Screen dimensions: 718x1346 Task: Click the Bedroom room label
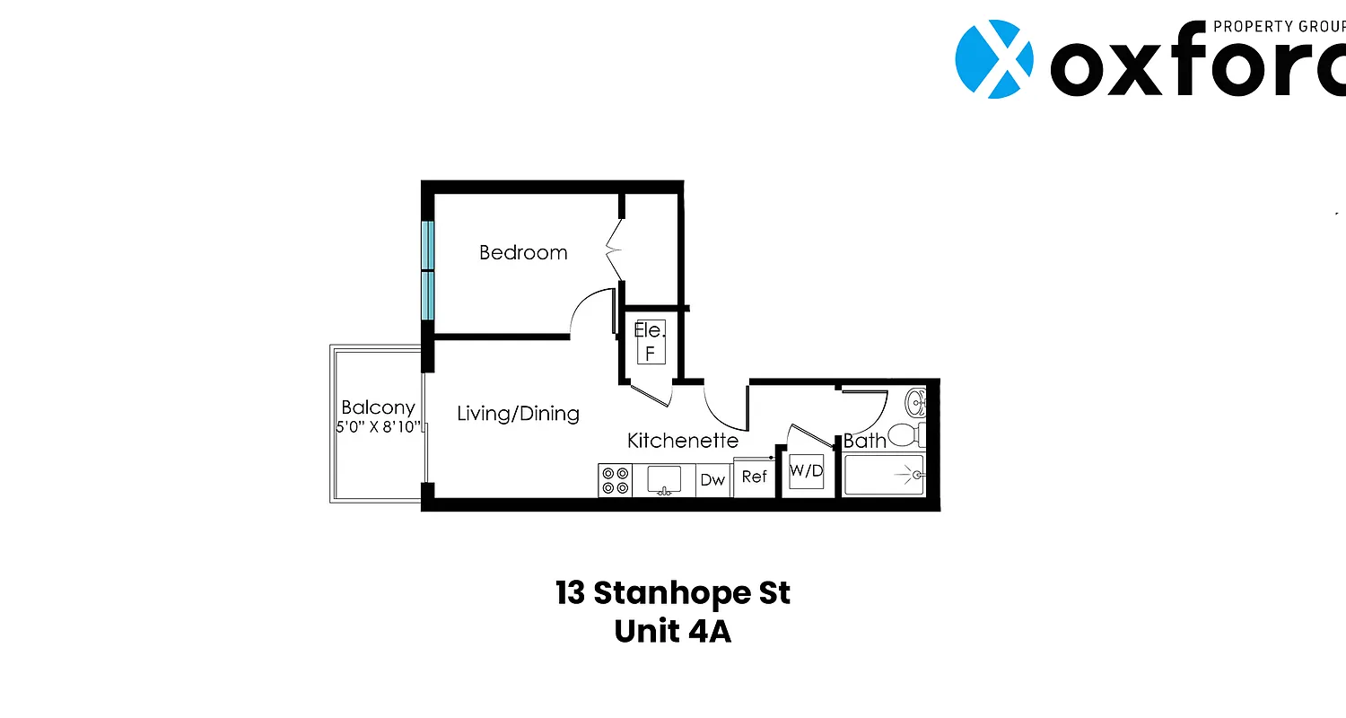pos(523,253)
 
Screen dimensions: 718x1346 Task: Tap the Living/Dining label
pos(518,414)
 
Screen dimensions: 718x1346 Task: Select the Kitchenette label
pos(682,441)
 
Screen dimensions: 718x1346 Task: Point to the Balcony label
pos(378,407)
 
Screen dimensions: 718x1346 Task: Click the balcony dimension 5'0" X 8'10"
pos(378,427)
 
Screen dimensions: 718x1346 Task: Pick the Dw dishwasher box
pos(712,480)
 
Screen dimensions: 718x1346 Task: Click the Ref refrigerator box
pos(754,477)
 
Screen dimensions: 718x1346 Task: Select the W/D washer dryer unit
pos(806,472)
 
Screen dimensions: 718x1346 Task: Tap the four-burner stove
pos(616,480)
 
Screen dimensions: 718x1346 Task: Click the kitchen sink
pos(664,480)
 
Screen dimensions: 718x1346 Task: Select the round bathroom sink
pos(915,401)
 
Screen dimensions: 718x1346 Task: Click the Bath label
pos(864,441)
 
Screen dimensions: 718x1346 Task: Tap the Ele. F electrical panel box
pos(651,342)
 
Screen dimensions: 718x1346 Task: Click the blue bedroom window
pos(428,271)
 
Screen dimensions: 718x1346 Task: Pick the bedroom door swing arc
pos(590,310)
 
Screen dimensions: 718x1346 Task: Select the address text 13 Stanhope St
pos(673,593)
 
